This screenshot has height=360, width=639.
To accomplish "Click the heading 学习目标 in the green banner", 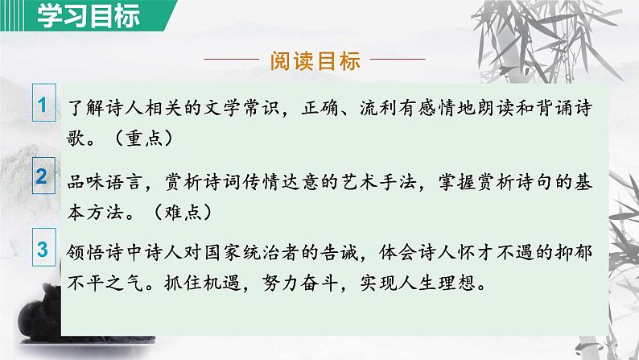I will (76, 15).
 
